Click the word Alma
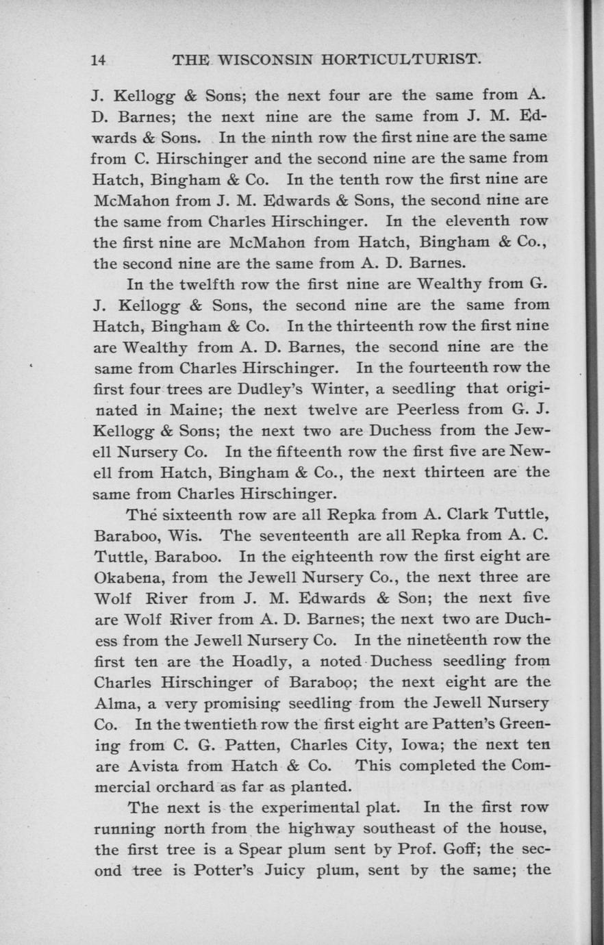(x=110, y=702)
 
